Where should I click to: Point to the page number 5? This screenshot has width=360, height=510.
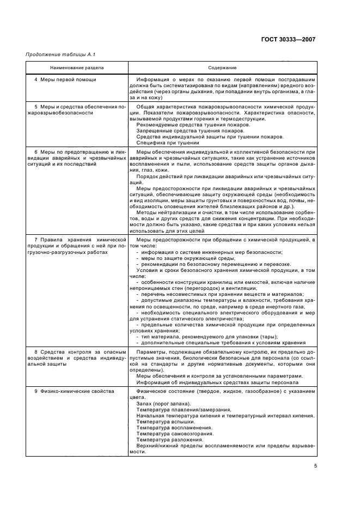[315, 465]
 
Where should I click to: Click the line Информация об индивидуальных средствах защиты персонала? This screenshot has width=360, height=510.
[218, 382]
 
